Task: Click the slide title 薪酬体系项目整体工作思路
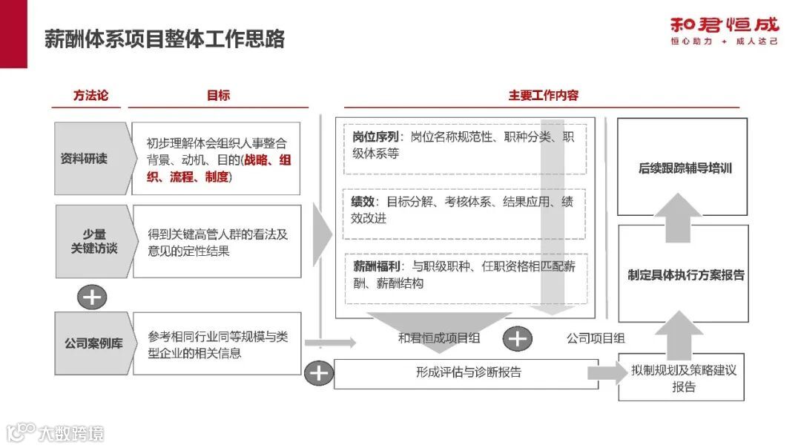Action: coord(165,39)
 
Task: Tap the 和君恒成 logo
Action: coord(724,30)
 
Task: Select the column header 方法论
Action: coord(90,95)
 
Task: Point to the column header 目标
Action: coord(218,95)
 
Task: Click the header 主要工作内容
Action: coord(543,95)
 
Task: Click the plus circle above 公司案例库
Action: coord(92,297)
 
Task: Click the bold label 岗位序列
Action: coord(376,137)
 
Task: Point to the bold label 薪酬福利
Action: coord(376,266)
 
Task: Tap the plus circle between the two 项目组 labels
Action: coord(517,339)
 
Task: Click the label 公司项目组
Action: coord(596,339)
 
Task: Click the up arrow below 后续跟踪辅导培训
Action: coord(673,217)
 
